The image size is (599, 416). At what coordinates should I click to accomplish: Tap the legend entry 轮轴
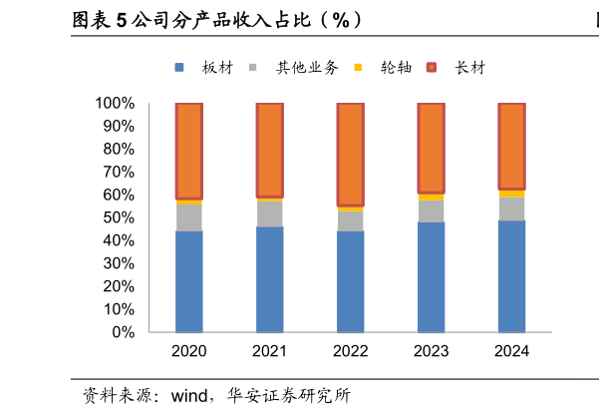(396, 68)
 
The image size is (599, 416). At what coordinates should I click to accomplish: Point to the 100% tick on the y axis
(115, 104)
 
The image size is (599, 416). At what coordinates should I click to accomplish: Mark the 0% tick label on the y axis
(123, 332)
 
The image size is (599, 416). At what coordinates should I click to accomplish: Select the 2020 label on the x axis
(189, 352)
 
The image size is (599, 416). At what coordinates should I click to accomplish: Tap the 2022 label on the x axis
(351, 352)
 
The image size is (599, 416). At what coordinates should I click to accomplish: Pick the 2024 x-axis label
(512, 352)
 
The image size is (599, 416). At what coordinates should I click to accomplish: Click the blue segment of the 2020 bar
(189, 281)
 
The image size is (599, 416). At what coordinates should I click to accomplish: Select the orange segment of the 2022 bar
(351, 154)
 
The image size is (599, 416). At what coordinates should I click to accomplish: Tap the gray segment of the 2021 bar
(270, 213)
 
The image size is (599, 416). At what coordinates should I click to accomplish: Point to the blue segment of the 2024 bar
(512, 276)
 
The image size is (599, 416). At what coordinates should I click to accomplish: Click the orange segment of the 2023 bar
(432, 148)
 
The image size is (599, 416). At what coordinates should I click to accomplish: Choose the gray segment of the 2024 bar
(512, 208)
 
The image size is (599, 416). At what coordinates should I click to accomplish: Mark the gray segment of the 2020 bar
(189, 217)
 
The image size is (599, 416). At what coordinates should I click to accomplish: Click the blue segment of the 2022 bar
(351, 281)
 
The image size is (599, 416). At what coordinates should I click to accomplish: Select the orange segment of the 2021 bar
(270, 150)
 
